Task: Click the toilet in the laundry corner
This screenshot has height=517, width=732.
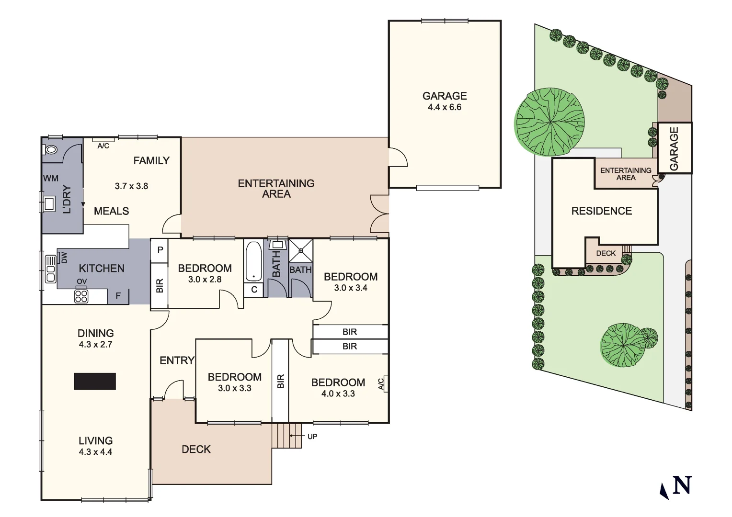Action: [50, 150]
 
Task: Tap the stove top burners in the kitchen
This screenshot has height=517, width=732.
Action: [81, 296]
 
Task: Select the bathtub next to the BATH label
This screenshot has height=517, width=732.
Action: [253, 261]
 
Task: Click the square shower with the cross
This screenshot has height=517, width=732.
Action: [301, 250]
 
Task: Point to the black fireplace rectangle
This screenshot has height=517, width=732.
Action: [95, 382]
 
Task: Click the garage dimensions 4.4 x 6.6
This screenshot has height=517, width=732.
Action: [444, 107]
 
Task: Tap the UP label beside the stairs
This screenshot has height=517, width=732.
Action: [312, 436]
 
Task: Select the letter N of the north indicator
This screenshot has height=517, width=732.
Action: [682, 485]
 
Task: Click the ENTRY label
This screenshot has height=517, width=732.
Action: [177, 360]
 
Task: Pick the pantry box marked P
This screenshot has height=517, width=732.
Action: [160, 250]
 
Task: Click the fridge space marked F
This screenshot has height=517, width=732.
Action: [118, 296]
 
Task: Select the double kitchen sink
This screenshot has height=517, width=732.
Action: [50, 269]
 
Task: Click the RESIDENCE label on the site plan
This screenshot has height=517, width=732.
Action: [601, 211]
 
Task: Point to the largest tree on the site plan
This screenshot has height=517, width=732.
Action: [550, 122]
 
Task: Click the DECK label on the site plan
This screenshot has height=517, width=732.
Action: [606, 253]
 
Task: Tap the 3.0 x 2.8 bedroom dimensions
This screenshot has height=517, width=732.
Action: [205, 280]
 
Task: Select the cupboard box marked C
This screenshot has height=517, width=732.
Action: [254, 290]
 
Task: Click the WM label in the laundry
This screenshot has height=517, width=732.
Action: [51, 179]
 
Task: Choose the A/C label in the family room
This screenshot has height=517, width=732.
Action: [103, 146]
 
